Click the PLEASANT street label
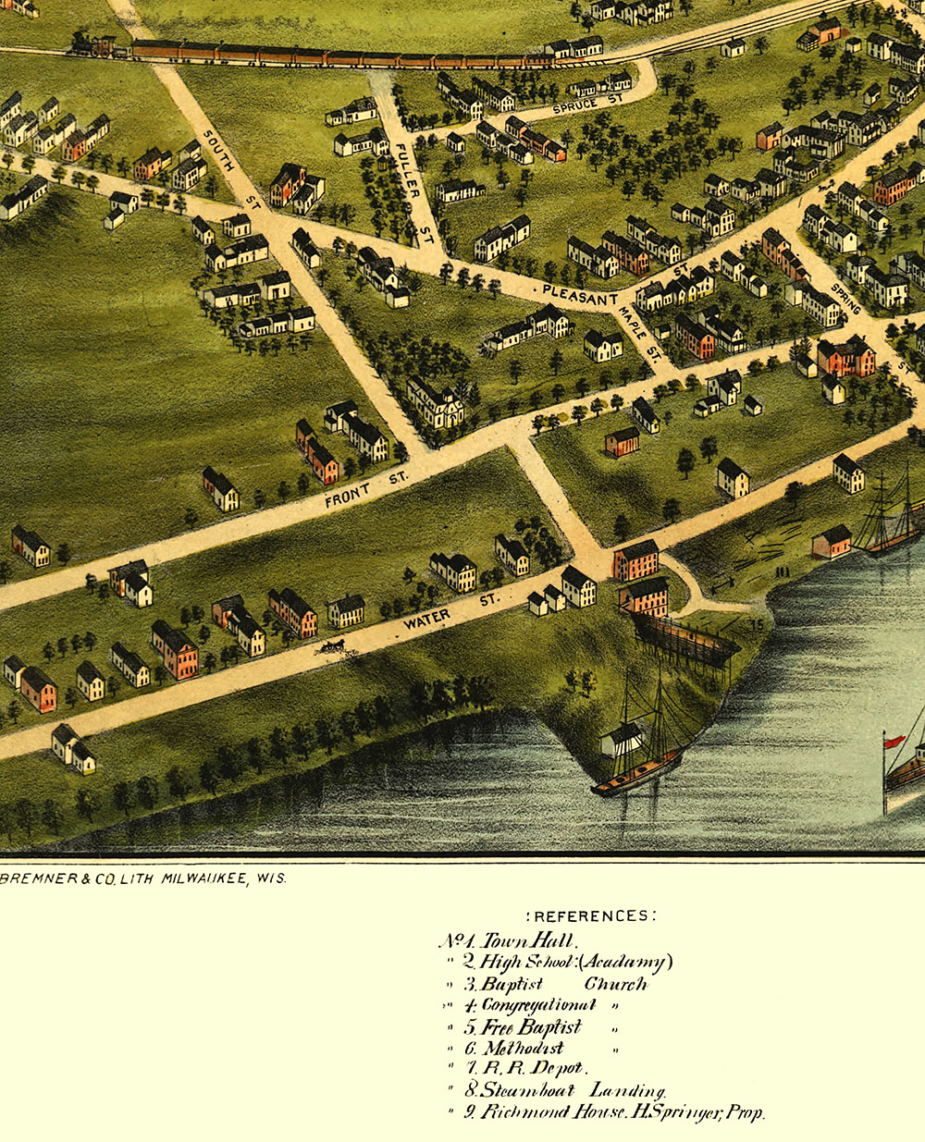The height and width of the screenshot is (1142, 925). click(x=580, y=295)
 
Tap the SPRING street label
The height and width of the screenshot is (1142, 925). click(x=845, y=298)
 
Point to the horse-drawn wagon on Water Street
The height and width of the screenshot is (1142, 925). click(x=331, y=645)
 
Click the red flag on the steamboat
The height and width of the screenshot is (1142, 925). click(x=894, y=741)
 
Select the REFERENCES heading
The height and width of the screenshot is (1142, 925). click(x=591, y=916)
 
